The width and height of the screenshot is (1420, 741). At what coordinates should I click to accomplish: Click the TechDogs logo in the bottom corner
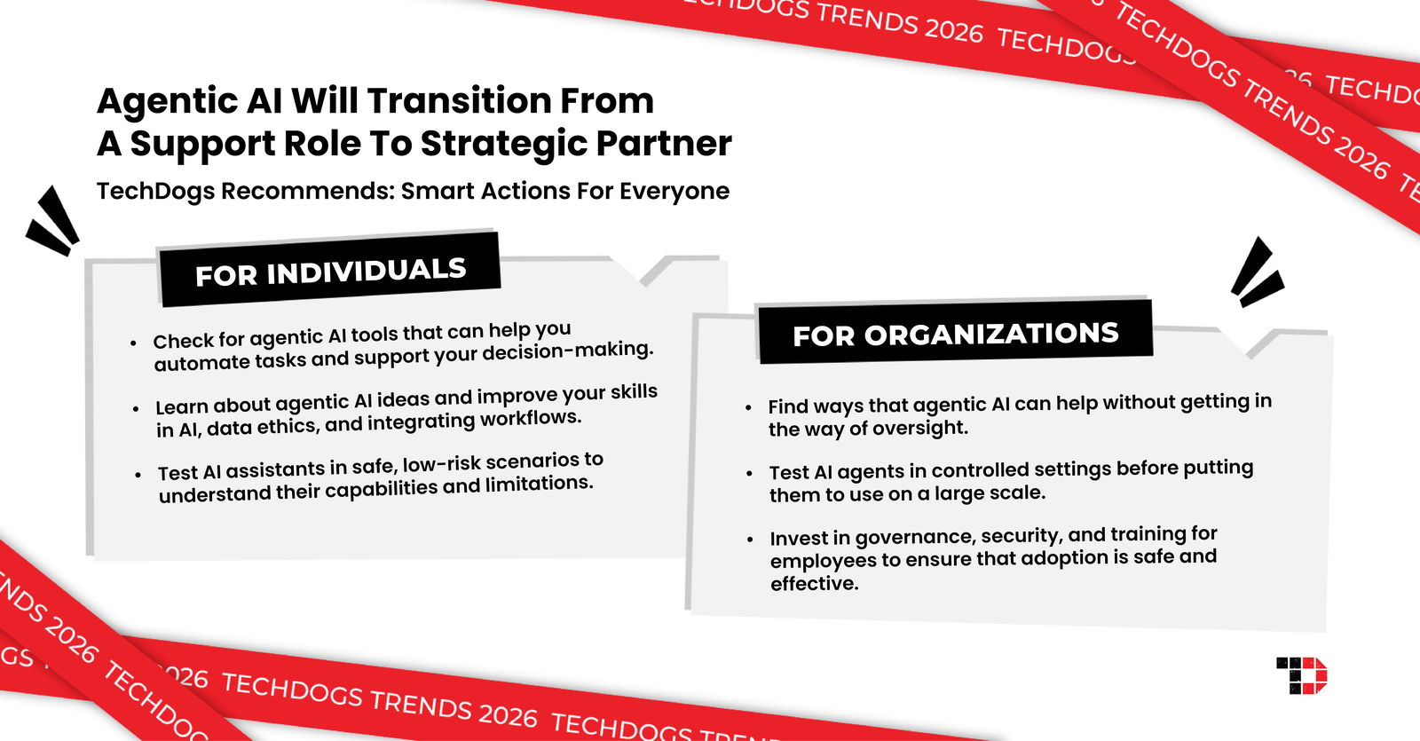point(1302,675)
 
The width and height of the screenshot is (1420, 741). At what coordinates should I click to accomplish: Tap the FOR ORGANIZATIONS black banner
point(955,334)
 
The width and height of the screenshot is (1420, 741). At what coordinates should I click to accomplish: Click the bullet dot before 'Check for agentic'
point(133,343)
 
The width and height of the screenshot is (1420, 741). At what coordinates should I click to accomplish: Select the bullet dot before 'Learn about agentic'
point(136,409)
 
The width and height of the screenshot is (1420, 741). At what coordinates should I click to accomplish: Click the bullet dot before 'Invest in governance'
point(750,540)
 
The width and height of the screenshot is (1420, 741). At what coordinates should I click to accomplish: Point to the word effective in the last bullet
point(814,584)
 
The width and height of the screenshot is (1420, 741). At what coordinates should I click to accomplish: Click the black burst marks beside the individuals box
point(53,221)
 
